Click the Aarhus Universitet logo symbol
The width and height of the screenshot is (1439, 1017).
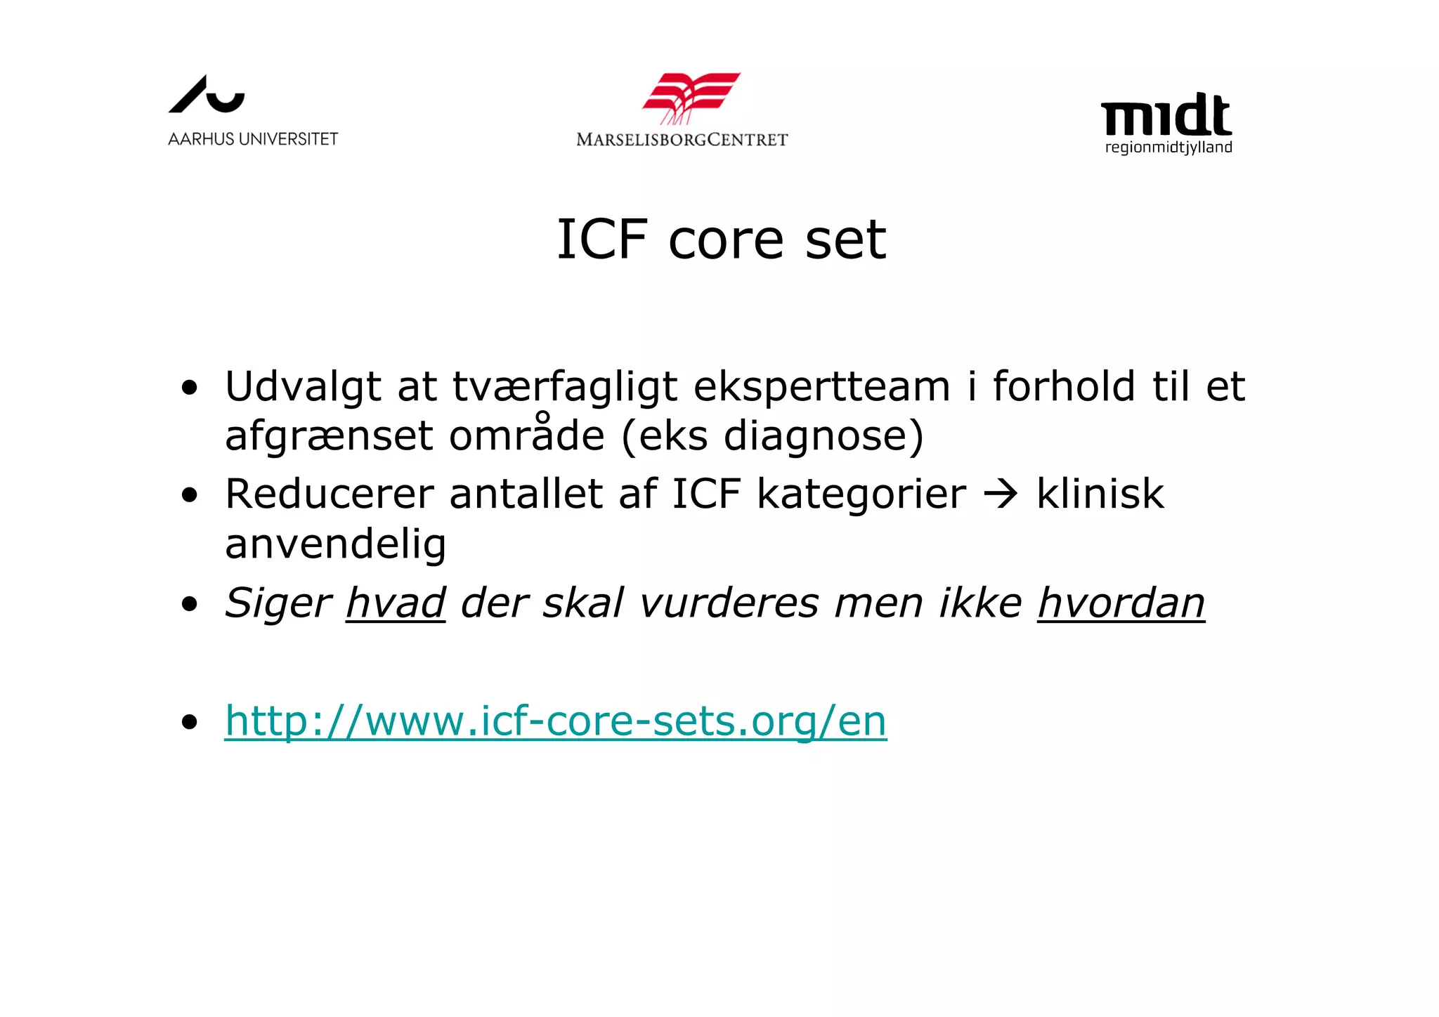click(206, 95)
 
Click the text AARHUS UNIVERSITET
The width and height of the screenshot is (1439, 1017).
click(253, 139)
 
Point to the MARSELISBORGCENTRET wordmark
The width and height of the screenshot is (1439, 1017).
click(682, 140)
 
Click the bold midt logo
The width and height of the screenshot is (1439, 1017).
click(1166, 115)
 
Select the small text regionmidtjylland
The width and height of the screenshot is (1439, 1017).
click(1168, 147)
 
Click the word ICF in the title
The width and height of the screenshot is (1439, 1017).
click(601, 240)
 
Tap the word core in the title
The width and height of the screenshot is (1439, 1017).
click(725, 241)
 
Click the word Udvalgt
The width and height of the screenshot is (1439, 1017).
click(303, 387)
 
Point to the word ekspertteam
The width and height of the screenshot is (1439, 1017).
click(821, 387)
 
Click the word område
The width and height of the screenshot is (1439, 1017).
click(526, 435)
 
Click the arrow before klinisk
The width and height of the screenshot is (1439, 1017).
click(1001, 494)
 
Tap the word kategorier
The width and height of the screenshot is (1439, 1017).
click(861, 494)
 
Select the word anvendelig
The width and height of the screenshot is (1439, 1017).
click(335, 544)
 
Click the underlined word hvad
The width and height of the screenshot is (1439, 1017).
click(396, 603)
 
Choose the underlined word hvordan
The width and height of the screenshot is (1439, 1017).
click(1121, 603)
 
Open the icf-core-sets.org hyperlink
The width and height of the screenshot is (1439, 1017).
click(555, 721)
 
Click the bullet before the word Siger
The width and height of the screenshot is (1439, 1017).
click(189, 604)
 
